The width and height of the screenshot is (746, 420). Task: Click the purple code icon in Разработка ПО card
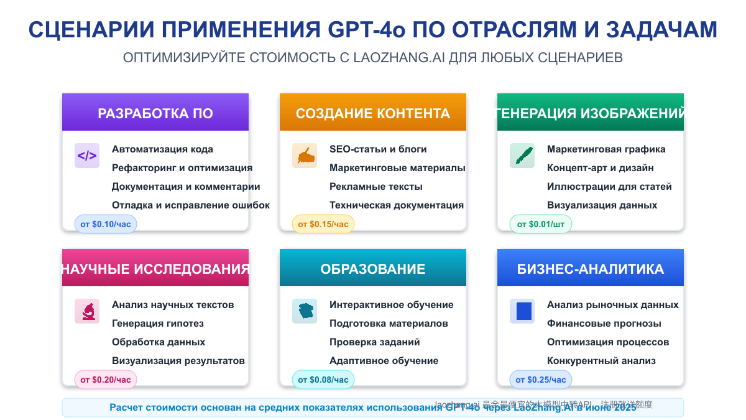tap(87, 156)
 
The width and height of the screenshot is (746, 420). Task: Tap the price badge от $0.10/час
tap(106, 224)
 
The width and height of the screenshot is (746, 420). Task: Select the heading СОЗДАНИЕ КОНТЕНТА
tap(373, 113)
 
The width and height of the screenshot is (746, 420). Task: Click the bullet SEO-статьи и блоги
tap(378, 149)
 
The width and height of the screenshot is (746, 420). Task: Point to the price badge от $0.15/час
tap(323, 224)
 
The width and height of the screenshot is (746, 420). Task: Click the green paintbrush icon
tap(522, 156)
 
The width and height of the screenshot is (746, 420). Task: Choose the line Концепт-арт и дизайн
tap(600, 168)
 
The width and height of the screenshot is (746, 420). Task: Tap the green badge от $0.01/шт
tap(541, 224)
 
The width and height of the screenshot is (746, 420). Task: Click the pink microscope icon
tap(87, 311)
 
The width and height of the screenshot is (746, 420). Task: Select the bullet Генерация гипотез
tap(158, 324)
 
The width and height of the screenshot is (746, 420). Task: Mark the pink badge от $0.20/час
tap(106, 380)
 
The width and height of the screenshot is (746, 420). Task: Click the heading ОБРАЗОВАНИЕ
tap(373, 269)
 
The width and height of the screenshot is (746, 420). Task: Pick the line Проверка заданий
tap(375, 342)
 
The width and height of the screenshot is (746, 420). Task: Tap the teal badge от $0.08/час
tap(323, 380)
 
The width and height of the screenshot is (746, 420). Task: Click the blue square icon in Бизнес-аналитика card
tap(522, 311)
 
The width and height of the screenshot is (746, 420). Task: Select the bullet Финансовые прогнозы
tap(604, 324)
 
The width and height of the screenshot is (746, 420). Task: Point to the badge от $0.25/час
tap(541, 380)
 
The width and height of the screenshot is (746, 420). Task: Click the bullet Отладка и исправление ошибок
tap(191, 205)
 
